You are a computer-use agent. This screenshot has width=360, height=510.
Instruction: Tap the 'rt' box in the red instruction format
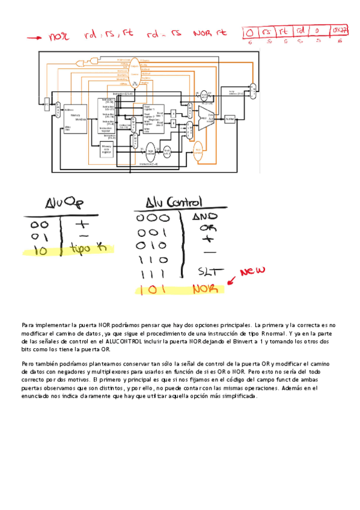pos(283,31)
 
